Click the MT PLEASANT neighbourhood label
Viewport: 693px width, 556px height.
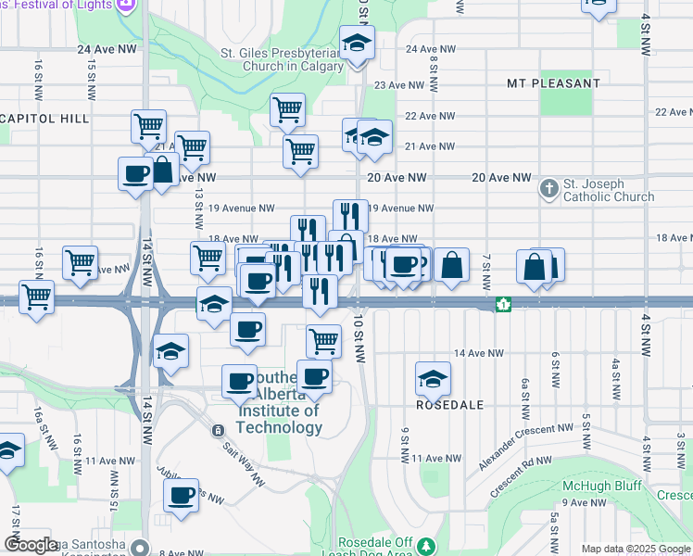pyautogui.click(x=553, y=83)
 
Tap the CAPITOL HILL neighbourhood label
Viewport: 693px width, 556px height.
pyautogui.click(x=44, y=119)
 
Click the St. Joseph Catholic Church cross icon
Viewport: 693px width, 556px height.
pyautogui.click(x=549, y=190)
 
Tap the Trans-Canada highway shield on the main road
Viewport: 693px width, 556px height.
pyautogui.click(x=502, y=304)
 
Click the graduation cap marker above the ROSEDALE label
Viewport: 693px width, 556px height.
pyautogui.click(x=433, y=378)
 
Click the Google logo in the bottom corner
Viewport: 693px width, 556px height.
pyautogui.click(x=31, y=545)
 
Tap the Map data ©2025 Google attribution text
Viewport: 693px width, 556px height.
pyautogui.click(x=636, y=549)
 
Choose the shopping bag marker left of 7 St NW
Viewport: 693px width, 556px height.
pyautogui.click(x=451, y=265)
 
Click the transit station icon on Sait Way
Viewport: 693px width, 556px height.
pyautogui.click(x=218, y=430)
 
